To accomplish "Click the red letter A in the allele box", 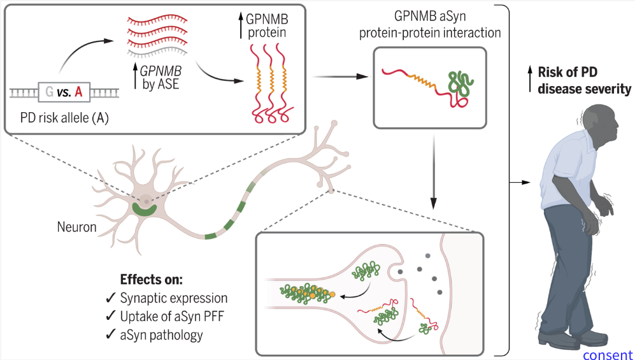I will [x=78, y=94].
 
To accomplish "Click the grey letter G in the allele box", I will [x=48, y=94].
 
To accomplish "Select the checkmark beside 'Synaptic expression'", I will [x=110, y=298].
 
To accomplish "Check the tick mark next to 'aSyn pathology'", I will [x=110, y=335].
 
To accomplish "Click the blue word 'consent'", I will [x=608, y=354].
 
